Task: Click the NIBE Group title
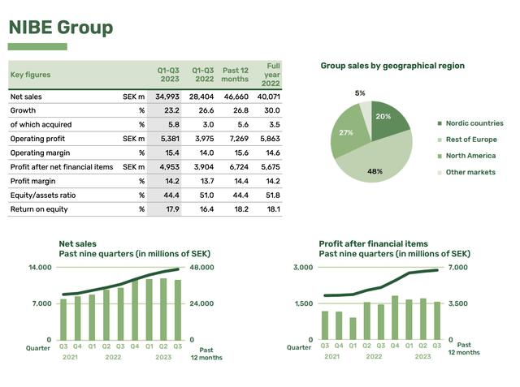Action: coord(60,28)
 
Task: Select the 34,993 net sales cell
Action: coord(167,97)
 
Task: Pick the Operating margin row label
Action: coord(39,153)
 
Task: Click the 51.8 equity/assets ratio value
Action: coord(272,195)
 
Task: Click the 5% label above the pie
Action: coord(360,93)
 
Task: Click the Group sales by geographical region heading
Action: coord(392,66)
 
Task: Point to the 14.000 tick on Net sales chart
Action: coord(41,268)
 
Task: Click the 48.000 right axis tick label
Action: coord(202,268)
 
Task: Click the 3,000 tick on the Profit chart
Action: coord(303,268)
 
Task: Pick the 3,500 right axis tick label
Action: coord(458,303)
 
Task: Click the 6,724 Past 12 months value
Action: coord(236,166)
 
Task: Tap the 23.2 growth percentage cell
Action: coord(171,110)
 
